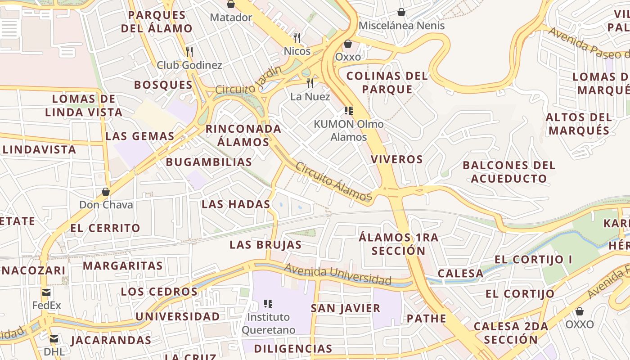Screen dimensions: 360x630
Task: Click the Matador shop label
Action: click(x=231, y=18)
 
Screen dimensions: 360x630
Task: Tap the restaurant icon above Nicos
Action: click(x=297, y=37)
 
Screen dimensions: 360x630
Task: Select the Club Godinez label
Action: click(x=189, y=65)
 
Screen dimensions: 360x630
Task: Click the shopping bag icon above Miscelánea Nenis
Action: click(x=401, y=12)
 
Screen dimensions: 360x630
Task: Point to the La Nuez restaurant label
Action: click(x=310, y=97)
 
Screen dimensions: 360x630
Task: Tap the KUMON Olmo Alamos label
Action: click(x=349, y=130)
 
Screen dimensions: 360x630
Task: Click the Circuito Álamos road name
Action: click(x=333, y=181)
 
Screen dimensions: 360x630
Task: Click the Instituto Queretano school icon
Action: click(x=269, y=304)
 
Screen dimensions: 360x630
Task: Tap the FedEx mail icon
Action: click(x=46, y=292)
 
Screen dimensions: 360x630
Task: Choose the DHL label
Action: click(x=54, y=351)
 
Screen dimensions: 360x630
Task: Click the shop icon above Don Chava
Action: click(x=106, y=192)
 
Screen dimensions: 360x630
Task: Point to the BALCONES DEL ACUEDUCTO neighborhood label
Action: click(x=509, y=172)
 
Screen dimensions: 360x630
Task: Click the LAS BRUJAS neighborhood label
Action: click(x=265, y=245)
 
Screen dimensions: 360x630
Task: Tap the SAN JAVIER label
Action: click(x=346, y=308)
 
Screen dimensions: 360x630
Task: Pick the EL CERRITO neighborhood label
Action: click(x=105, y=228)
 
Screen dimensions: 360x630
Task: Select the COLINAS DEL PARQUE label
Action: click(x=387, y=82)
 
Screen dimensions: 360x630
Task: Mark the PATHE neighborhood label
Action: click(x=427, y=319)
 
